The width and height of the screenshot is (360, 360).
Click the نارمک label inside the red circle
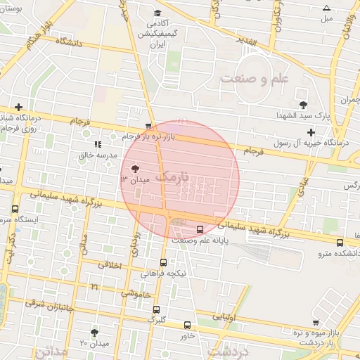click(173, 177)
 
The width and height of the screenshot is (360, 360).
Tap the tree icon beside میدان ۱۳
click(135, 169)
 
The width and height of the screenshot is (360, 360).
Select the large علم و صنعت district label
click(254, 78)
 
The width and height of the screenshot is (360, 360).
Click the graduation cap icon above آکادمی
click(158, 13)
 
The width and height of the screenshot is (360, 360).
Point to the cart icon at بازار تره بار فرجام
click(148, 127)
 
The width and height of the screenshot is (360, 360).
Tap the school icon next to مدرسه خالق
click(97, 144)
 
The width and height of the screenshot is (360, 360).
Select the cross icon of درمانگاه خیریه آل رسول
click(311, 132)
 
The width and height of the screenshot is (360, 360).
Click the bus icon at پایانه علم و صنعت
click(200, 229)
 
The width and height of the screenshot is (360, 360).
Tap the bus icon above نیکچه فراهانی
click(164, 262)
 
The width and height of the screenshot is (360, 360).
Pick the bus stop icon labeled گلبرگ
click(155, 309)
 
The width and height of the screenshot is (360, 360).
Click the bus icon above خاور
click(187, 325)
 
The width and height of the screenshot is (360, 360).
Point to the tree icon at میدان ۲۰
click(95, 332)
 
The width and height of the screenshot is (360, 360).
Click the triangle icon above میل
click(326, 8)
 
